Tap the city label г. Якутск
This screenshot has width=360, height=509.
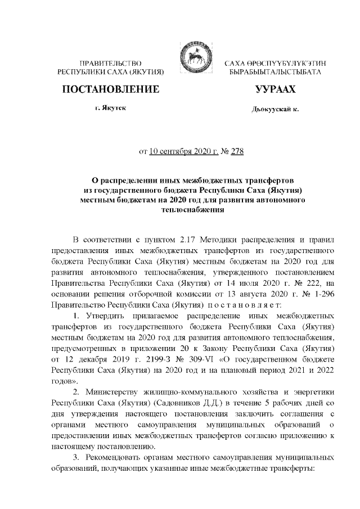tap(107, 108)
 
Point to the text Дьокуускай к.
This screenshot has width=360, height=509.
tap(274, 109)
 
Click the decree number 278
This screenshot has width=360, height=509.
tap(237, 151)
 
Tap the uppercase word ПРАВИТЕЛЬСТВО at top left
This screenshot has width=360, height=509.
tap(107, 64)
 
